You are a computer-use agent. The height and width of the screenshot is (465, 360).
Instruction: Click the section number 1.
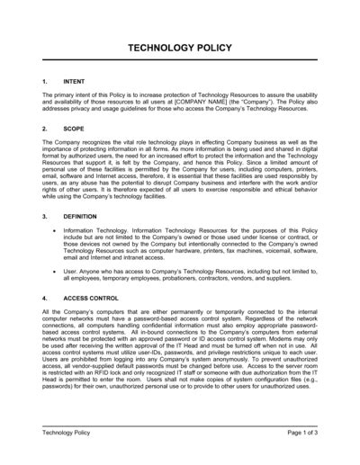45,81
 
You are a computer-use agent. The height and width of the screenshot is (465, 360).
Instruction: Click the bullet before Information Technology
56,231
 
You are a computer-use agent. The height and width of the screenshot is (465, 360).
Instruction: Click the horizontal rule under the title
180,66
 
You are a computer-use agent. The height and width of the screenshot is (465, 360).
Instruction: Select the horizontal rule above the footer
180,425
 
